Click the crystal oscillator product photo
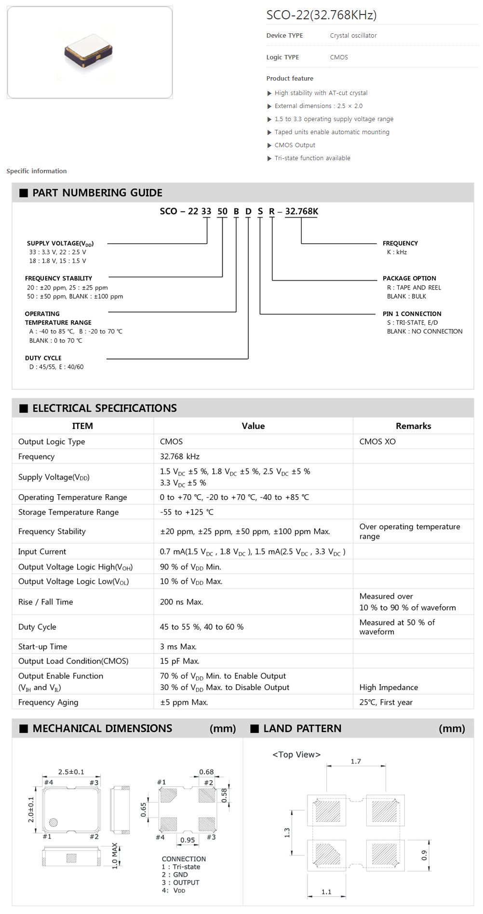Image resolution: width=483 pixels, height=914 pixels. click(89, 51)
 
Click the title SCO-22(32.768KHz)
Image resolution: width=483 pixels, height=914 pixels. click(321, 15)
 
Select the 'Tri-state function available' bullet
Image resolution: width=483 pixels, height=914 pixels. click(312, 158)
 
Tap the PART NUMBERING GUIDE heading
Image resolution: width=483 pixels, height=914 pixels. click(97, 193)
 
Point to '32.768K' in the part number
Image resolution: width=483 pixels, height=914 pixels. click(301, 211)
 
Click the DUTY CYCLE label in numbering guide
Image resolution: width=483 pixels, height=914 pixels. click(43, 358)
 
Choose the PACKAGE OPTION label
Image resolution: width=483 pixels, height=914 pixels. click(409, 278)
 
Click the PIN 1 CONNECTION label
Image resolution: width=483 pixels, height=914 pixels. click(412, 314)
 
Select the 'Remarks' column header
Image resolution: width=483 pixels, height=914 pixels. click(413, 426)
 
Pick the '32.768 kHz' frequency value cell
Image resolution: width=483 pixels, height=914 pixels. click(180, 457)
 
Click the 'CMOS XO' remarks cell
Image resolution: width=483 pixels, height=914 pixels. click(377, 442)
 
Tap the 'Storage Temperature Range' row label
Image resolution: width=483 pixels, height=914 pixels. click(68, 512)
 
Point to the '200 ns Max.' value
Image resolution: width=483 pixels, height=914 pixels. click(182, 602)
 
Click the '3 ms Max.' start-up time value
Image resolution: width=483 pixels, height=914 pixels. click(178, 647)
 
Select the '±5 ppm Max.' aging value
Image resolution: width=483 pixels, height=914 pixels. click(184, 702)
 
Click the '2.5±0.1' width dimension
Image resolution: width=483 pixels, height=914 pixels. click(71, 772)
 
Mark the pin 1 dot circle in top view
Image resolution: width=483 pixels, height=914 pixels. click(54, 822)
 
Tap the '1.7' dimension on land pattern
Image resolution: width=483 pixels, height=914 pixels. click(356, 762)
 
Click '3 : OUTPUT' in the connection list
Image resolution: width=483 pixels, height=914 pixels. click(180, 883)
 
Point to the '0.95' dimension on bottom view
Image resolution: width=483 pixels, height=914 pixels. click(188, 840)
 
